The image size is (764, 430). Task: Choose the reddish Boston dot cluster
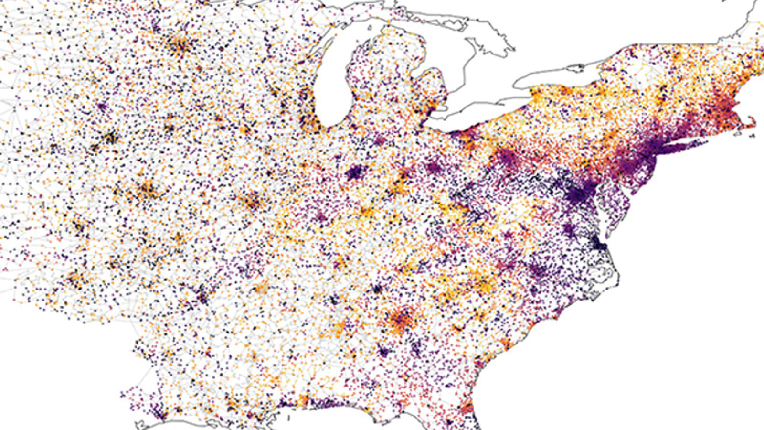(x=723, y=107)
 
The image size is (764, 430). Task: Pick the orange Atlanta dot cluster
(x=401, y=320)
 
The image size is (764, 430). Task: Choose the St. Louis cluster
(x=252, y=201)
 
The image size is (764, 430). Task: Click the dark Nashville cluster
(x=377, y=289)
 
